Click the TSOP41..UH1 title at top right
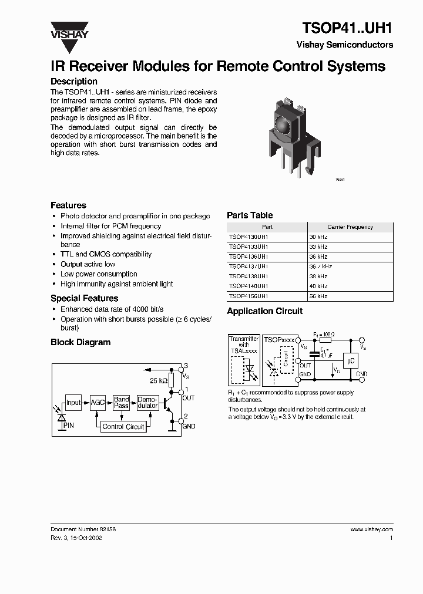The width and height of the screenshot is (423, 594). (347, 28)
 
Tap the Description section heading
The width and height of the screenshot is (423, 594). (74, 82)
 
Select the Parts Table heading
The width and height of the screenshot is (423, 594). (250, 215)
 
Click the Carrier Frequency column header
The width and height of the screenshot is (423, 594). (350, 227)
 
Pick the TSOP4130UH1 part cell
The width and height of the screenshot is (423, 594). (249, 237)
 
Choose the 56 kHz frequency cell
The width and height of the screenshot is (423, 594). (318, 296)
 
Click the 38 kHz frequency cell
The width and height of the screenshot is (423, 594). (318, 276)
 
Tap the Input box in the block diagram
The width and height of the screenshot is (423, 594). (73, 403)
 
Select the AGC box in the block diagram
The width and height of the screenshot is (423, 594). (98, 403)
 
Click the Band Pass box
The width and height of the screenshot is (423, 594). (122, 403)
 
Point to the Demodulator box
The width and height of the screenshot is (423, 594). (147, 403)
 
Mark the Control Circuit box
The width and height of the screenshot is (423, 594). (123, 427)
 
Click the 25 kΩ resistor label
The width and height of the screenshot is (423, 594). (157, 380)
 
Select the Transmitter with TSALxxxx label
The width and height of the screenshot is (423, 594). (243, 345)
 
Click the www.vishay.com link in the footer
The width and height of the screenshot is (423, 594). (371, 529)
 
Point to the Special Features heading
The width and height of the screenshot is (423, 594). (84, 298)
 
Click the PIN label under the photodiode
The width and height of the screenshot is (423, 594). (69, 424)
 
